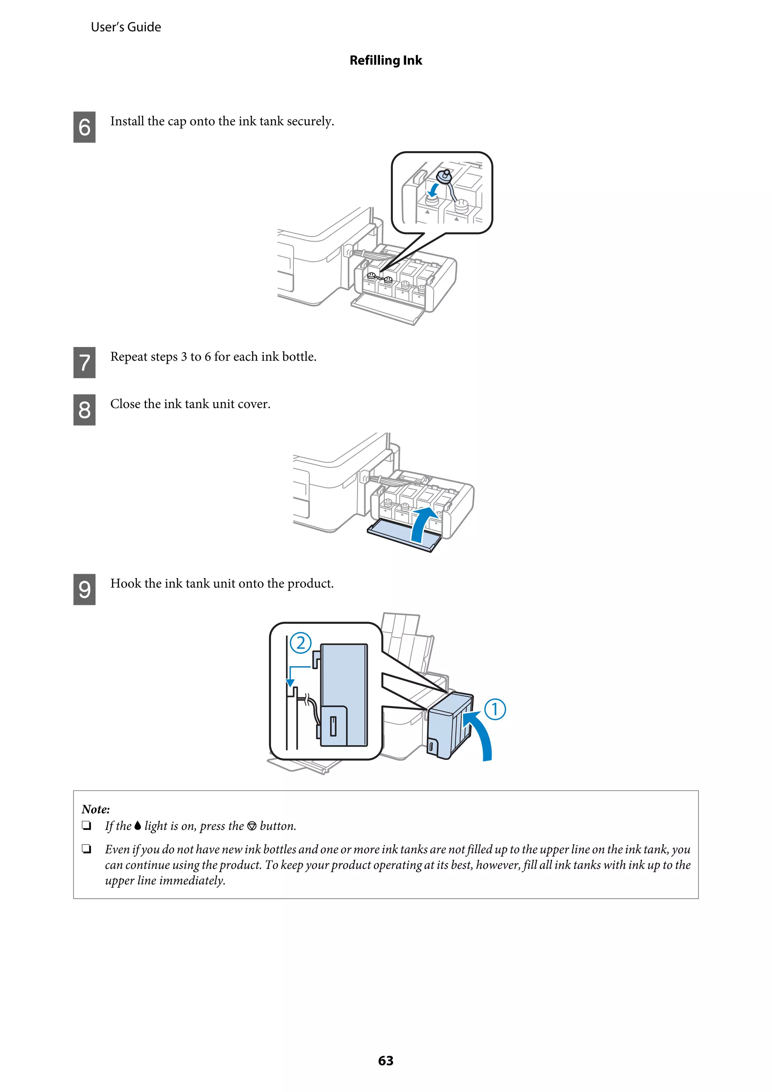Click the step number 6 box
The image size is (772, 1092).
coord(84,127)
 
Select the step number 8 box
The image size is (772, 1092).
coord(84,409)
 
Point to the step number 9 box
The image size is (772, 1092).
coord(84,589)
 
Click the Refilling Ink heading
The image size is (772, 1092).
coord(385,60)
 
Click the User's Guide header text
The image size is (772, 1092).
coord(126,27)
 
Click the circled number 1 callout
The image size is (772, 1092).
coord(495,709)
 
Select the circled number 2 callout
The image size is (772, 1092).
coord(300,643)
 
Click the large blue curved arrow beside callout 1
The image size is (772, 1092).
coord(480,735)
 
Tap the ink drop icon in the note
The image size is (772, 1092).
coord(138,826)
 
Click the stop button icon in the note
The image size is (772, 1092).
coord(252,826)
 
